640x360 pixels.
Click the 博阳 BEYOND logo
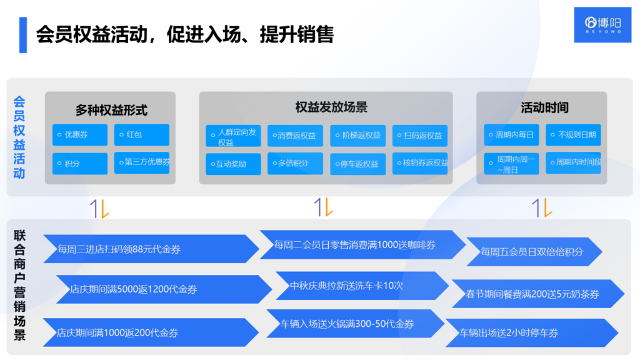tap(602, 25)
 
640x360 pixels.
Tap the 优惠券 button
tap(80, 135)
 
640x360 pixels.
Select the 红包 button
tap(142, 135)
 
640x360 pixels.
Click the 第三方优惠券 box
tap(142, 162)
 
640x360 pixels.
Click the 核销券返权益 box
tap(421, 163)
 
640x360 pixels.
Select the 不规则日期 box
tap(573, 135)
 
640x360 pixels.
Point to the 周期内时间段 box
tap(573, 163)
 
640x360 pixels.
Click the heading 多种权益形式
tap(111, 111)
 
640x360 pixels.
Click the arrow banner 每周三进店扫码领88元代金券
tap(150, 249)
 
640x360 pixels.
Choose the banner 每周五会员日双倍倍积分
tap(534, 252)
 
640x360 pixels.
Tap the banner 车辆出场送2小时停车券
tap(531, 333)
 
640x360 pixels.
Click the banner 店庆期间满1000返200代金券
tap(150, 332)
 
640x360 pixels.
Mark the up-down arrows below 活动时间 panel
tap(541, 207)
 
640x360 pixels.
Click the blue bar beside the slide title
tap(23, 35)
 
